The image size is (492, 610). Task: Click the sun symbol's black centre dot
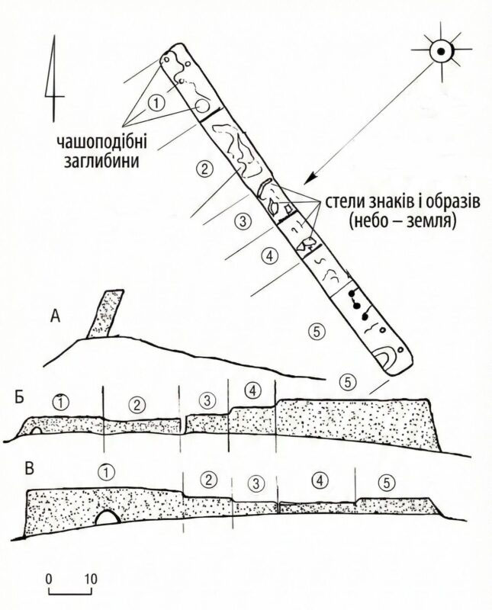pyautogui.click(x=441, y=51)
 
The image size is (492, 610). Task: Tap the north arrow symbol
pyautogui.click(x=53, y=79)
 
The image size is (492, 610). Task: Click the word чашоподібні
pyautogui.click(x=102, y=143)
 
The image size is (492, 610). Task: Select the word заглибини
pyautogui.click(x=102, y=160)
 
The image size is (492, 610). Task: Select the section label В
pyautogui.click(x=30, y=469)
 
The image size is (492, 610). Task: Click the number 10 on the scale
pyautogui.click(x=91, y=579)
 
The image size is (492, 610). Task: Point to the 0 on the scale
pyautogui.click(x=49, y=579)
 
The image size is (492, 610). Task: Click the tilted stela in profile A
pyautogui.click(x=105, y=313)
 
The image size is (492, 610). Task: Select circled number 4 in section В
pyautogui.click(x=319, y=481)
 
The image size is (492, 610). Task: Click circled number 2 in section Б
pyautogui.click(x=137, y=406)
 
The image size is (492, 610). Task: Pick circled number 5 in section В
pyautogui.click(x=386, y=483)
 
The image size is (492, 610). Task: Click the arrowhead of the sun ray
pyautogui.click(x=309, y=179)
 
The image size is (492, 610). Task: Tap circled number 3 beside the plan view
pyautogui.click(x=243, y=221)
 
